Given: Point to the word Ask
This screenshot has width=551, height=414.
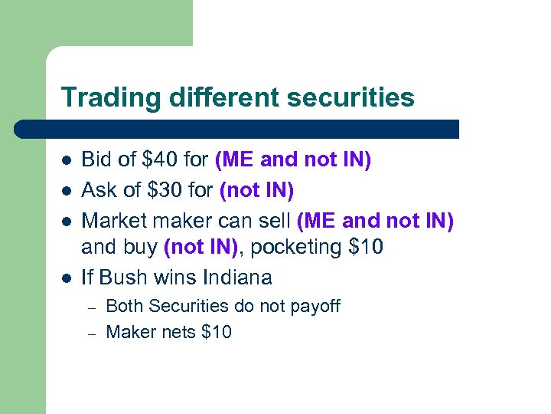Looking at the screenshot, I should click(99, 189).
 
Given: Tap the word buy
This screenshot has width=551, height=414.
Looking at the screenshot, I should click(143, 248).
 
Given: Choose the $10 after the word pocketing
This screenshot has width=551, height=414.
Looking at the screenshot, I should click(365, 248).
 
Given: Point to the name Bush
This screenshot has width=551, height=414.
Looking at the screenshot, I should click(121, 276).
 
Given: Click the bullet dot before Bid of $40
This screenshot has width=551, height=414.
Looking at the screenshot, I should click(67, 161).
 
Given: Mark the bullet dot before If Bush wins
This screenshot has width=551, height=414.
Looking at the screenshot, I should click(67, 278).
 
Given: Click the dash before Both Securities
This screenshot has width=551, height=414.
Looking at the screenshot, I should click(90, 307).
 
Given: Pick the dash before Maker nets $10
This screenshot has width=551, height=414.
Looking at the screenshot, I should click(90, 333).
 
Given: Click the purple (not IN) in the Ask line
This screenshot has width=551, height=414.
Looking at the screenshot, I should click(256, 189).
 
